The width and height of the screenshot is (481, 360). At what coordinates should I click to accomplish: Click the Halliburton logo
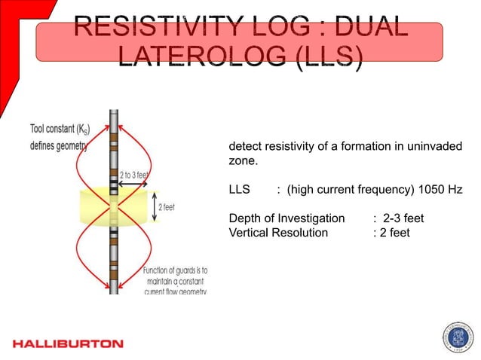tap(68, 343)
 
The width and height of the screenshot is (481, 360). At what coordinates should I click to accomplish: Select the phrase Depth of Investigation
tap(286, 218)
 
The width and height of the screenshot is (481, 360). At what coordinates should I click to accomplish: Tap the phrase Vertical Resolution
tap(278, 233)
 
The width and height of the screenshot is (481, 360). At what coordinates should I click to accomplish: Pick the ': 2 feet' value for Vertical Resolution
tap(391, 233)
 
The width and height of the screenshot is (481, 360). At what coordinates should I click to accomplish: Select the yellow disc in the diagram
tap(114, 206)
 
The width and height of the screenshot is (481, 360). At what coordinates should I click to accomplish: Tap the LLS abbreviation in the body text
tap(239, 190)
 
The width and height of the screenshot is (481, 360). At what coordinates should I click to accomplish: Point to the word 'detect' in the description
tap(245, 146)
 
